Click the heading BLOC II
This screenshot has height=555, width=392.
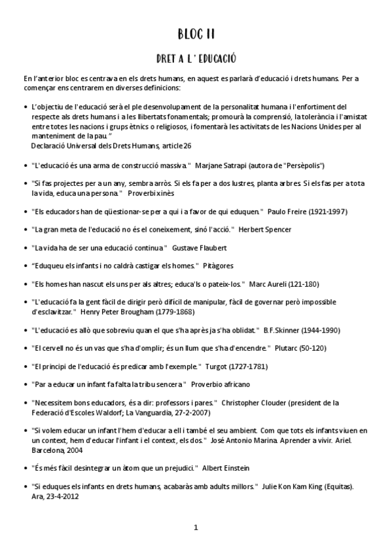coord(196,33)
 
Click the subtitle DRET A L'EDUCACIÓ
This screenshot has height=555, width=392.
coord(196,59)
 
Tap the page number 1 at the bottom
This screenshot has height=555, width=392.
coord(196,528)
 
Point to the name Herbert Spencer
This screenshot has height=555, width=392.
coord(265,230)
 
